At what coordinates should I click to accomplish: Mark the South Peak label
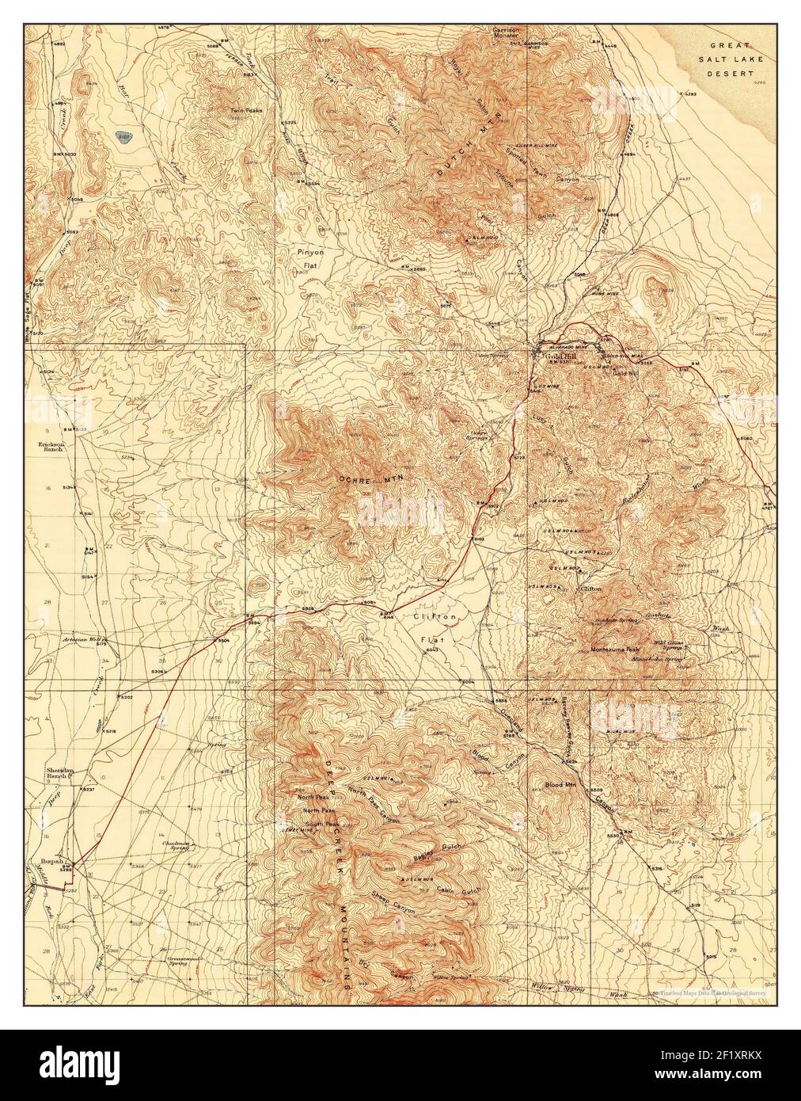[316, 823]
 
